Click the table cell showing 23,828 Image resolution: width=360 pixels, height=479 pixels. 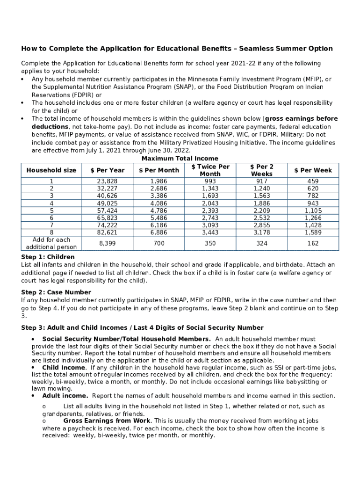(107, 181)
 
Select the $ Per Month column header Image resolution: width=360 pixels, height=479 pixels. (159, 170)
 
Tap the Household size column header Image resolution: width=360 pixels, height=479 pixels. (51, 170)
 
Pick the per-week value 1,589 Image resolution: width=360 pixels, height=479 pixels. (313, 232)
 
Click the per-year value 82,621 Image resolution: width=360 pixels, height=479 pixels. (107, 232)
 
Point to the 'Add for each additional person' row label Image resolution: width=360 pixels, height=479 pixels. (51, 243)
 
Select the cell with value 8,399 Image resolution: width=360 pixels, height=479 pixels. (107, 243)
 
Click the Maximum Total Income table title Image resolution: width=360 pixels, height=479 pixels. (180, 159)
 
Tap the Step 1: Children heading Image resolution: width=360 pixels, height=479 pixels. (48, 257)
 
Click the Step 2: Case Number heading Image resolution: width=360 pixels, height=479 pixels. (56, 292)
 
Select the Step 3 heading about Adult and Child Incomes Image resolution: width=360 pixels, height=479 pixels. (142, 327)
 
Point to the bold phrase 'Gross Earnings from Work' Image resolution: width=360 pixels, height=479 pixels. (107, 421)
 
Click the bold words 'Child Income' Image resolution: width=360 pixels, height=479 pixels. (64, 368)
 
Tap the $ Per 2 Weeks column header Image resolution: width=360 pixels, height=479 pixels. (262, 170)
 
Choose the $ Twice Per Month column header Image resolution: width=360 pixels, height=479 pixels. (210, 170)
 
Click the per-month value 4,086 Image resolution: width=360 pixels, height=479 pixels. (159, 203)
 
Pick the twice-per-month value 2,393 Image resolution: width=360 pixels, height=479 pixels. (210, 210)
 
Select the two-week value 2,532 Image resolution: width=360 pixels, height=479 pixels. (262, 218)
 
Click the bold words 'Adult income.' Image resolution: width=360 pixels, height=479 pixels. (65, 396)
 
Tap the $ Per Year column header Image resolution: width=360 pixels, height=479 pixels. (107, 170)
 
